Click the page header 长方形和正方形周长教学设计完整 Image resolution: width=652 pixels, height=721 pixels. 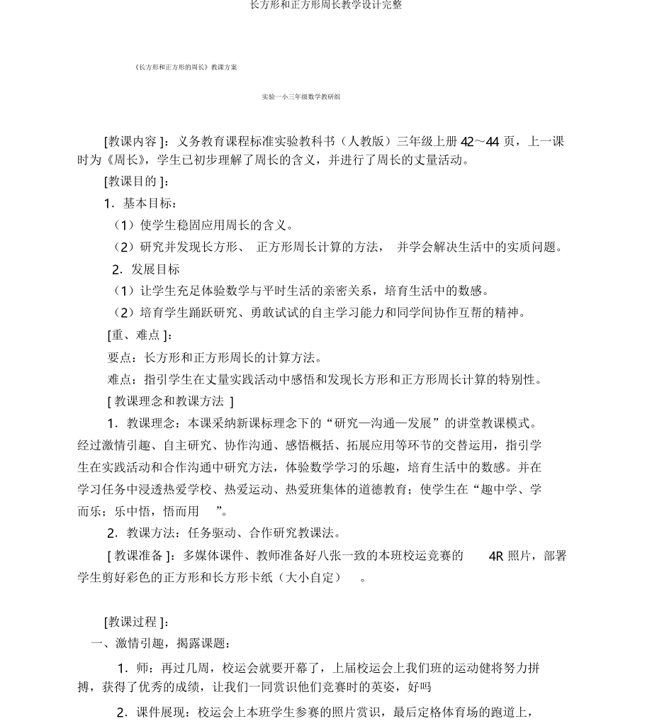tap(326, 6)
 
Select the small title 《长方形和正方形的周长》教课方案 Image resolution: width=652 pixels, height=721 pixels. tap(185, 67)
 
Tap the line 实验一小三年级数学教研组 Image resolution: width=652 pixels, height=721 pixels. tap(301, 96)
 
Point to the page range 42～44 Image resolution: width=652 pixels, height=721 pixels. tap(480, 141)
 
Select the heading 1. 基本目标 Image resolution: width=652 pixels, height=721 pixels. tap(140, 203)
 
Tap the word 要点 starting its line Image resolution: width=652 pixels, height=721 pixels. tap(120, 357)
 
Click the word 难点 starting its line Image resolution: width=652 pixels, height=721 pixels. tap(120, 379)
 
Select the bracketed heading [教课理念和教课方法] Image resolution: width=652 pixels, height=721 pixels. tap(170, 401)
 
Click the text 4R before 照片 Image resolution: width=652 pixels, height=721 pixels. tap(496, 556)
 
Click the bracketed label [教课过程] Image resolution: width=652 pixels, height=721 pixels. tap(136, 622)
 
